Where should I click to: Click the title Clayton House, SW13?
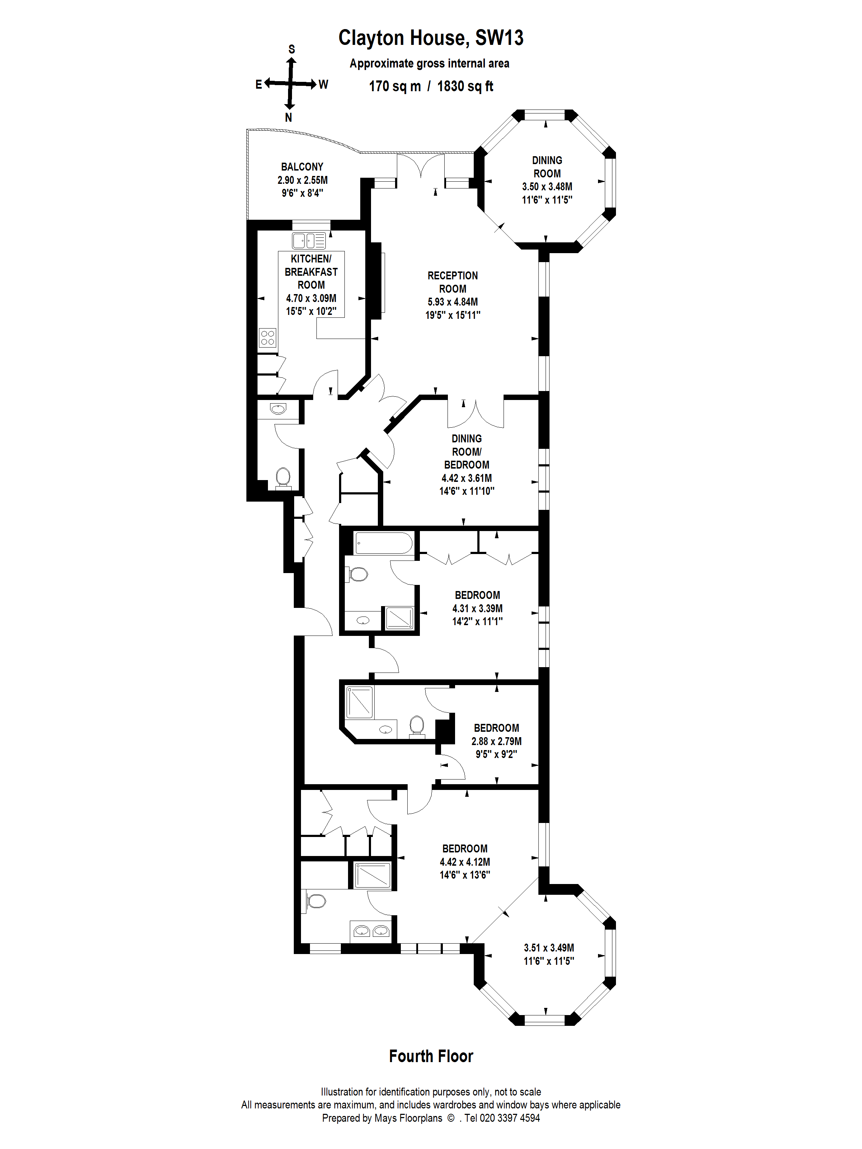click(431, 38)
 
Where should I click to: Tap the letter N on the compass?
click(288, 117)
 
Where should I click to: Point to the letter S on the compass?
click(292, 49)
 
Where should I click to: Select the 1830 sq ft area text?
click(465, 86)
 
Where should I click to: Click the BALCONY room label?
click(302, 167)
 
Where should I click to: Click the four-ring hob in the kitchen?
click(268, 338)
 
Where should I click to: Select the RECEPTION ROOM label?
click(453, 282)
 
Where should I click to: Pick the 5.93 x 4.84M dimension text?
click(453, 302)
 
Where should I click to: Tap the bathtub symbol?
click(384, 543)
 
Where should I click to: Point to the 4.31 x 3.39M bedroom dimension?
click(477, 608)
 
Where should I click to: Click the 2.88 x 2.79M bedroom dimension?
click(496, 741)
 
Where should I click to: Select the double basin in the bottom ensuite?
click(371, 931)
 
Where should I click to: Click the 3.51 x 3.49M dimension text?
click(549, 948)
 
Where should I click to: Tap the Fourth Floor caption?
click(431, 1056)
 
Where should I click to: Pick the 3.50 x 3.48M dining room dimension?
click(547, 186)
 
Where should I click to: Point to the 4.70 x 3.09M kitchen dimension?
click(311, 298)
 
